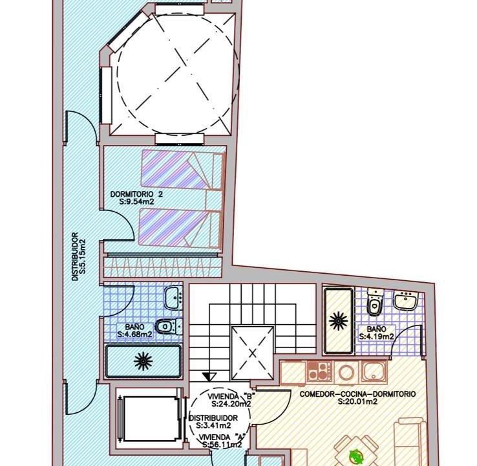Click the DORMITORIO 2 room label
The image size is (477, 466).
136,194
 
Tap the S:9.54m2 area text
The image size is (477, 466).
137,202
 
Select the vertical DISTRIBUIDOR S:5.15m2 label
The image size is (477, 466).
78,256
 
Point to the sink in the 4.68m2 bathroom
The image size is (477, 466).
173,297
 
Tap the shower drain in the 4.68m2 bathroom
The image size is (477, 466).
143,361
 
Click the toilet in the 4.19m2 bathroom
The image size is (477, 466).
374,302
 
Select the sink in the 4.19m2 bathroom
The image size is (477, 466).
405,300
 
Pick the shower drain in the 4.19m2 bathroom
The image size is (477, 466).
338,321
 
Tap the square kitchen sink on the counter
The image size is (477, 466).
374,372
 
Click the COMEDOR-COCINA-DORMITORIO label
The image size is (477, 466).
357,394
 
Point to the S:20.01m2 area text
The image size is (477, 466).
357,402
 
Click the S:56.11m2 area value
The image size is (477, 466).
222,445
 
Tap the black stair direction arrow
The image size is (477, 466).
209,377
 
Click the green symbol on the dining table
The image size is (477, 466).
356,456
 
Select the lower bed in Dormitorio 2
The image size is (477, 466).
180,228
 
